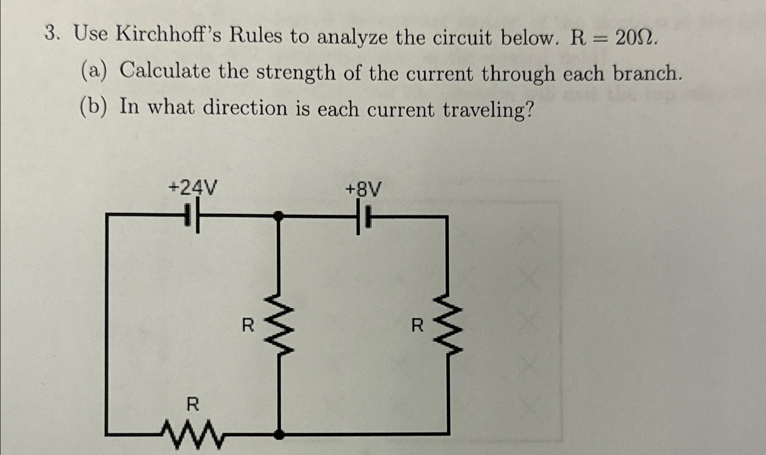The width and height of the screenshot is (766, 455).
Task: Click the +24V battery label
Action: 193,187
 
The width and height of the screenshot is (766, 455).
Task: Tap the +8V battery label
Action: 364,189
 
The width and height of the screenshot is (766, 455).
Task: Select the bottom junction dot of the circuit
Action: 278,434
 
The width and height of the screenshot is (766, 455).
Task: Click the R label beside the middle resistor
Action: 248,326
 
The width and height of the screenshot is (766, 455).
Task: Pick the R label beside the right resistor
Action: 417,326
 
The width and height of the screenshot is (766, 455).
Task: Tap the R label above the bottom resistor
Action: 193,405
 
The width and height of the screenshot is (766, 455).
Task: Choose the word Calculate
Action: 165,71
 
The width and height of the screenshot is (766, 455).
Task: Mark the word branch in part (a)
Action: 646,73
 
